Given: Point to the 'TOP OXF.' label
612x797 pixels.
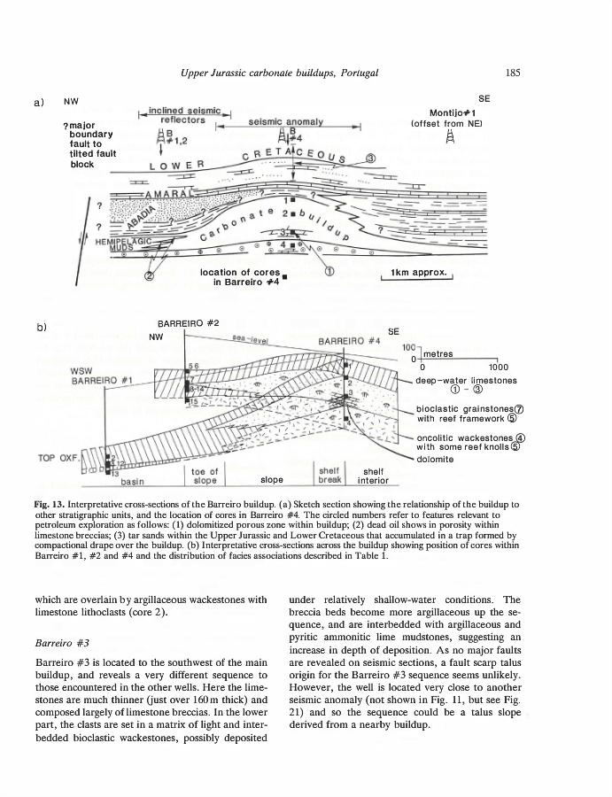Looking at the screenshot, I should click(x=58, y=458).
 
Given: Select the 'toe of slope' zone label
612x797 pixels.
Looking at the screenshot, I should click(x=205, y=476).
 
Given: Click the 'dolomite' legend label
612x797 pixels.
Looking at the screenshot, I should click(x=435, y=459).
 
